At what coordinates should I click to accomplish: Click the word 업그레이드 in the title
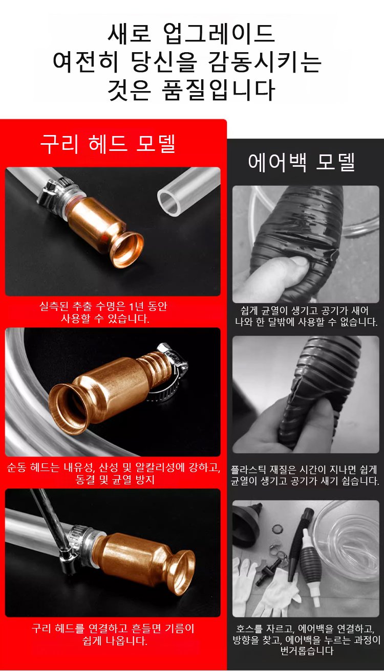[219, 33]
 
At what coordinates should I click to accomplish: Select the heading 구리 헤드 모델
[108, 144]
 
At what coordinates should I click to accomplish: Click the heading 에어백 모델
[302, 162]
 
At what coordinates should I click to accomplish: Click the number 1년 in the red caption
[137, 306]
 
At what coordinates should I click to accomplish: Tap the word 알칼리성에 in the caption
[160, 467]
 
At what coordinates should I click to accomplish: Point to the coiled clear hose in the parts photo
[348, 542]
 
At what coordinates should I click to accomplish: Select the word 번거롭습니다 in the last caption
[307, 651]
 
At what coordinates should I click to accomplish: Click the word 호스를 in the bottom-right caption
[249, 629]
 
